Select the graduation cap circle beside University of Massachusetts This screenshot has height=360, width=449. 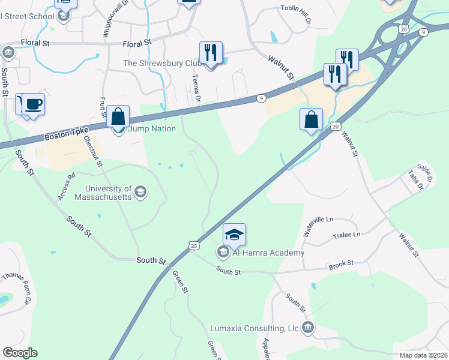tap(140, 192)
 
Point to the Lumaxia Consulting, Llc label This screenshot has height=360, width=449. tap(255, 328)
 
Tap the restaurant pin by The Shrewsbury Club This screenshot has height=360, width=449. tap(211, 53)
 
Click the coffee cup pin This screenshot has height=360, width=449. tap(34, 104)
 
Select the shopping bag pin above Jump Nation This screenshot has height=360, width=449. tap(118, 116)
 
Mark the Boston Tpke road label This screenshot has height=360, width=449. tap(66, 134)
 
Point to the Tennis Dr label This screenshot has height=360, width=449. tap(195, 88)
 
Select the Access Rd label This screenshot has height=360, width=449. tap(66, 187)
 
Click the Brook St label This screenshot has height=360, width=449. tap(341, 264)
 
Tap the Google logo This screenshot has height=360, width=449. tap(20, 352)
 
